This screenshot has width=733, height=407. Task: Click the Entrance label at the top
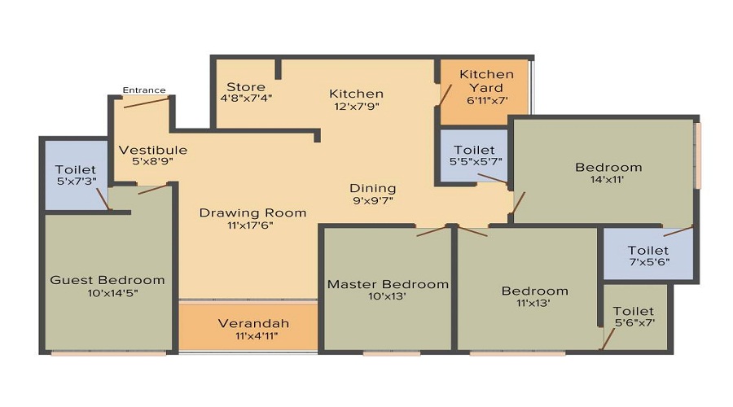tap(144, 90)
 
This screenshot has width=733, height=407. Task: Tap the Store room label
tap(246, 86)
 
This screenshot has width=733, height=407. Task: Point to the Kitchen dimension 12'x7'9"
tap(356, 106)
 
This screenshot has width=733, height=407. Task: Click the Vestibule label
tap(153, 150)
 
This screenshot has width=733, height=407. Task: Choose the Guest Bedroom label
tap(108, 280)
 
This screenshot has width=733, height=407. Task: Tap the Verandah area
tap(253, 324)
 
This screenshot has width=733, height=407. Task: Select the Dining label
tap(373, 188)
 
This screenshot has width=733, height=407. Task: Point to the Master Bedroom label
tap(388, 284)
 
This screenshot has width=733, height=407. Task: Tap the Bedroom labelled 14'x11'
tap(608, 168)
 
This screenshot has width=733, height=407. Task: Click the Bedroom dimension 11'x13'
tap(534, 304)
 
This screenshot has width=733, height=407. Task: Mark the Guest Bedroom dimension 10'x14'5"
tap(108, 293)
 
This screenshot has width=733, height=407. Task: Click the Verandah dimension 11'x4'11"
tap(253, 336)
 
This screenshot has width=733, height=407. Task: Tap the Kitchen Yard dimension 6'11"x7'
tap(487, 101)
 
